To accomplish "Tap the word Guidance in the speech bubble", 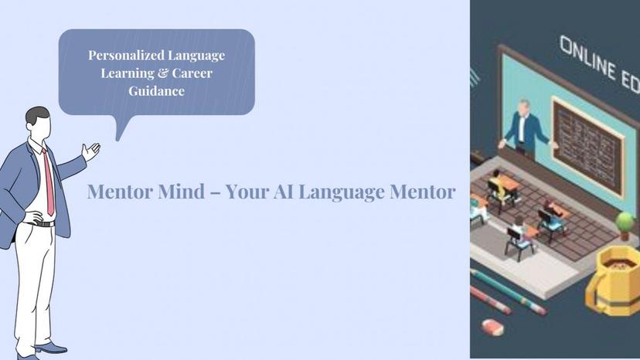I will [157, 91].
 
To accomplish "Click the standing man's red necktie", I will [49, 181].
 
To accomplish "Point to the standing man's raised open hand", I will [91, 151].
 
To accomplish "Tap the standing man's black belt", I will [40, 223].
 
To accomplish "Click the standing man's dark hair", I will [36, 116].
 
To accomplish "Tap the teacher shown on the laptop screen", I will [526, 125].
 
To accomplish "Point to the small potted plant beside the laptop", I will [625, 224].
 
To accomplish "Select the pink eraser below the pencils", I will [492, 327].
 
